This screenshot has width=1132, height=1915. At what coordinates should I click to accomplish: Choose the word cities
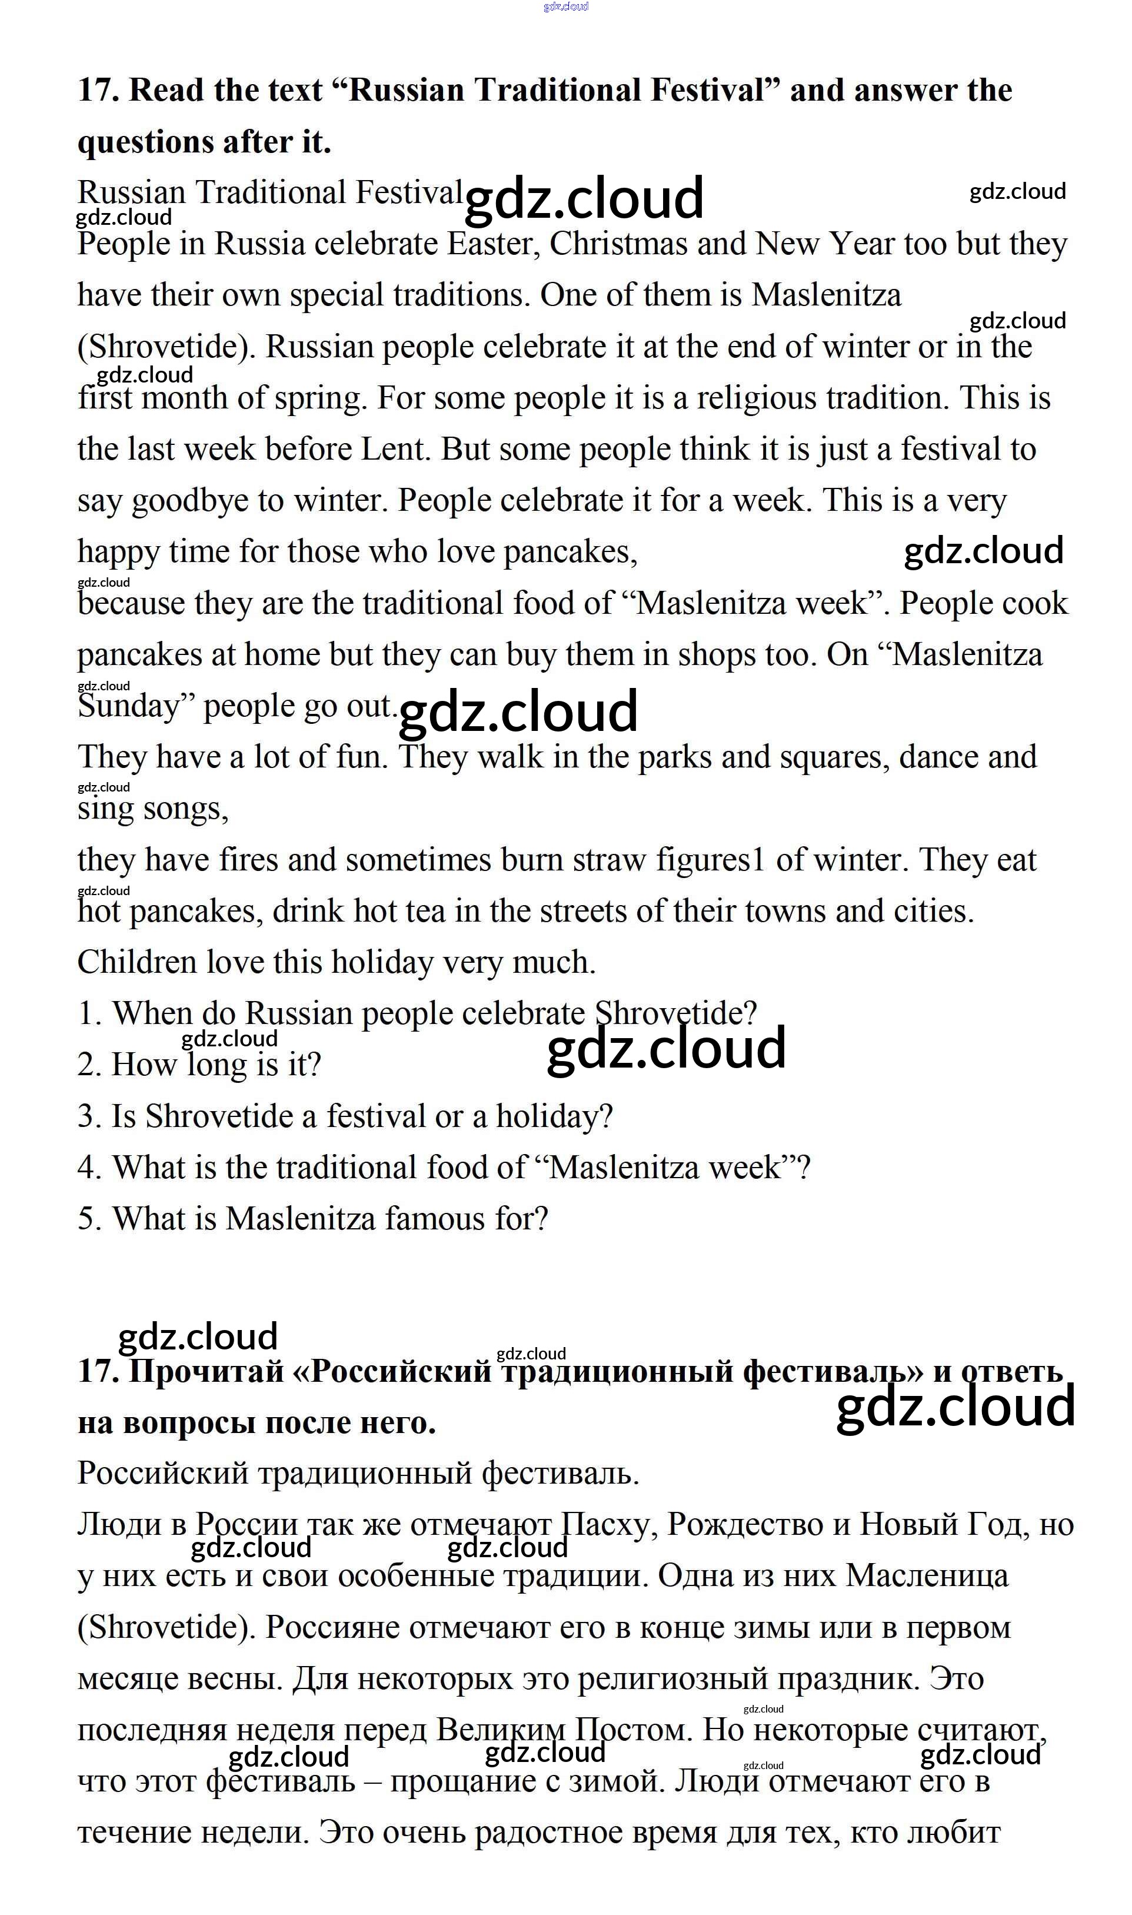(x=933, y=911)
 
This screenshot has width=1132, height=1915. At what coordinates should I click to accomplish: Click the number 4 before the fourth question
(x=88, y=1168)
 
